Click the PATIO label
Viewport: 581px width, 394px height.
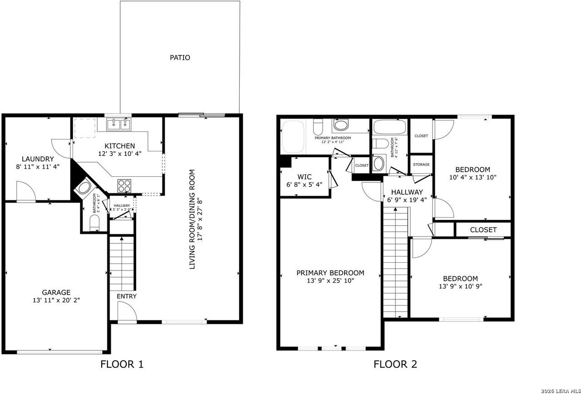tap(180, 58)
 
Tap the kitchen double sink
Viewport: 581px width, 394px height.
tap(119, 124)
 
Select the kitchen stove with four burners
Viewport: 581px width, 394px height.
tap(124, 185)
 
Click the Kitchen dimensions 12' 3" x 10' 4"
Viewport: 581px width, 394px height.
tap(119, 154)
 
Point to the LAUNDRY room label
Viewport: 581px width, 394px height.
tap(38, 159)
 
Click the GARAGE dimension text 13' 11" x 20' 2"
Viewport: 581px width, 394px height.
tap(56, 300)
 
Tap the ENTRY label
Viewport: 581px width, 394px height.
tap(127, 296)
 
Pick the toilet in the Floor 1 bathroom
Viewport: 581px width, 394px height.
tap(95, 223)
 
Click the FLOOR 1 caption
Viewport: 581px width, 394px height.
tap(122, 364)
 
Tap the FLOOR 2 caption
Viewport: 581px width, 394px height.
tap(395, 364)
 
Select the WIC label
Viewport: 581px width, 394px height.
tap(304, 176)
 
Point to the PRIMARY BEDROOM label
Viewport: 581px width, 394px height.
tap(330, 273)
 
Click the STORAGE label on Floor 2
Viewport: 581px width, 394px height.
tap(421, 165)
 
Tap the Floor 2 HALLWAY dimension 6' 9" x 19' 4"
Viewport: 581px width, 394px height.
tap(407, 199)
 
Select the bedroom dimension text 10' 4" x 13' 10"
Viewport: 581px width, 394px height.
tap(473, 178)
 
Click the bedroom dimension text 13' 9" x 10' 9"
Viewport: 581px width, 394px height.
tap(460, 287)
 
